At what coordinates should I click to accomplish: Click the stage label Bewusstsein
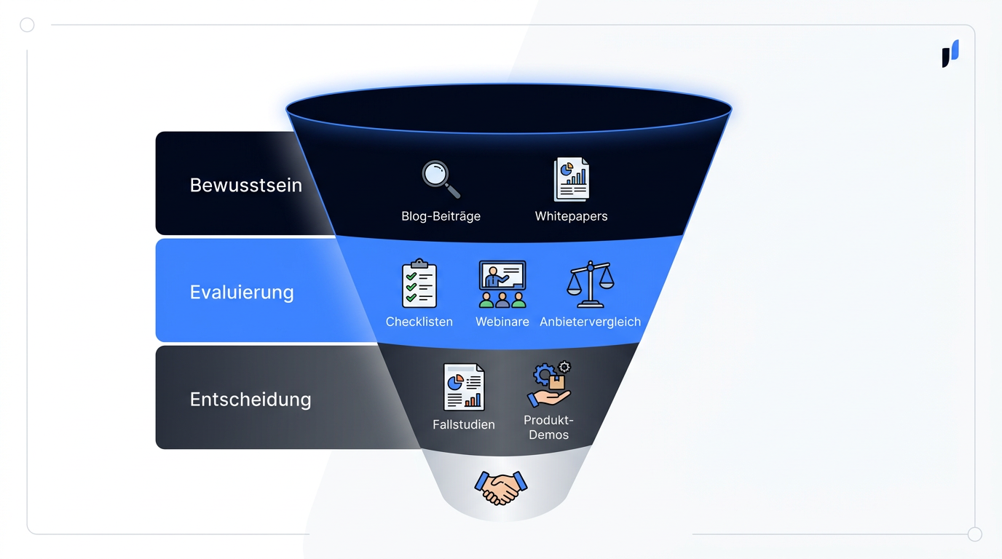tap(245, 185)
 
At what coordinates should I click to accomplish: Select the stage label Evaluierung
tap(242, 293)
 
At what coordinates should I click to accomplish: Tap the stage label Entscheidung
tap(250, 400)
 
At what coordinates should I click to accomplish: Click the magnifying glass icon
tap(441, 179)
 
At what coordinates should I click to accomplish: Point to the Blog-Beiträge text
tap(441, 216)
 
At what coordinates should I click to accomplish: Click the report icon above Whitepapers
tap(571, 179)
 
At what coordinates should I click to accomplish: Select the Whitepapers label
tap(571, 216)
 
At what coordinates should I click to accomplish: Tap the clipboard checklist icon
tap(419, 283)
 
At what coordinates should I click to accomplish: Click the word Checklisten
tap(419, 322)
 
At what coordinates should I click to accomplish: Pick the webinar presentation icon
tap(502, 284)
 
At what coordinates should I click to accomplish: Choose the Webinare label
tap(502, 322)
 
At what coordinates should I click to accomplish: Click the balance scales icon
tap(591, 284)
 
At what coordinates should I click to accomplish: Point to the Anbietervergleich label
tap(590, 322)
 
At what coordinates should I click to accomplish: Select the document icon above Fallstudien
tap(464, 386)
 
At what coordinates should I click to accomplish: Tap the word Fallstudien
tap(464, 424)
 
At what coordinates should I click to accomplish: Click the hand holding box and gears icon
tap(549, 384)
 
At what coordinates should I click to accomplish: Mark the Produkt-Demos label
tap(549, 427)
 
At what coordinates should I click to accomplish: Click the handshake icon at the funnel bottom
tap(501, 488)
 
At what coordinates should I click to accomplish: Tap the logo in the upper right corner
tap(950, 54)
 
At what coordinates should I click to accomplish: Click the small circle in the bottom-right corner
tap(975, 534)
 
